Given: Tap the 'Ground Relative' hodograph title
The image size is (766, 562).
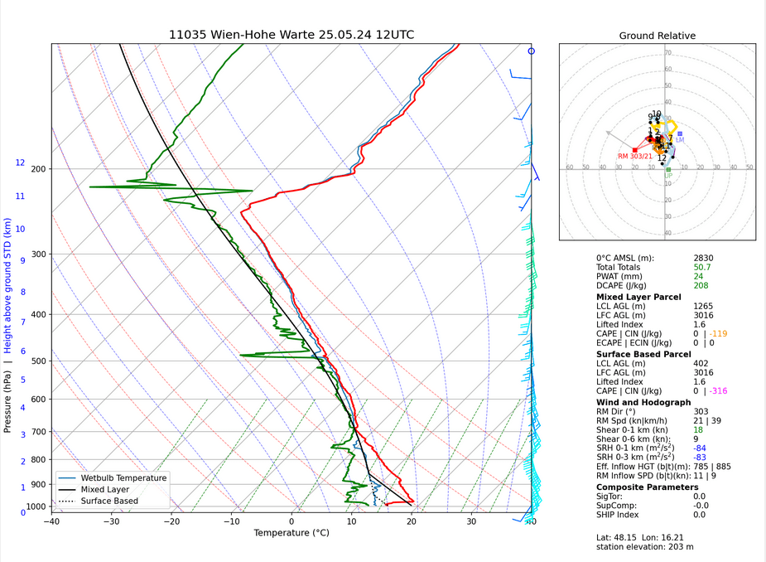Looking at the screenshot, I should [658, 36].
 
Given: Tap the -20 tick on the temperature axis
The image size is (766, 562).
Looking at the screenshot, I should [171, 521].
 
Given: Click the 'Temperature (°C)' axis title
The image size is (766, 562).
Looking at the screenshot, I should [291, 533].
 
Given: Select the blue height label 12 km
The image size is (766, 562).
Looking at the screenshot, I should [20, 163].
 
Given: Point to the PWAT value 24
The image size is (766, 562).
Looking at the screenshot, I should [698, 276].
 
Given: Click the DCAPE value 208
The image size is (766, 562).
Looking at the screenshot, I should [701, 286].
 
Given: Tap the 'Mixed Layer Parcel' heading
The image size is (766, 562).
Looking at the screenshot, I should [638, 297].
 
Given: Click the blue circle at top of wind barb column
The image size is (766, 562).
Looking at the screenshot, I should [532, 51].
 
